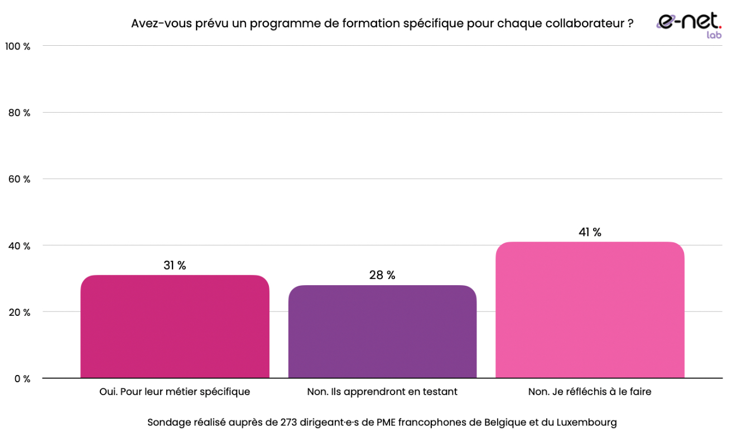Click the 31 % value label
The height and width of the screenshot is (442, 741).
(x=175, y=266)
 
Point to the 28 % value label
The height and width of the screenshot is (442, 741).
(x=382, y=275)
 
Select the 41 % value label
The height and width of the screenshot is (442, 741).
(x=590, y=232)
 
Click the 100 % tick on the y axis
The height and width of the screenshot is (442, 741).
(x=18, y=46)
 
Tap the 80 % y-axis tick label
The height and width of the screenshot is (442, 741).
(x=19, y=113)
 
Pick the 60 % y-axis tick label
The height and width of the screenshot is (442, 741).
(x=19, y=179)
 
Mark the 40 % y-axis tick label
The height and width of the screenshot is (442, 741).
(x=19, y=246)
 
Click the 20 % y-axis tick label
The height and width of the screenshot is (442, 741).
(x=19, y=312)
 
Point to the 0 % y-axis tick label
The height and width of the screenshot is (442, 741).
(x=22, y=379)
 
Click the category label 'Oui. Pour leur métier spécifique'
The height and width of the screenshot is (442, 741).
(x=175, y=392)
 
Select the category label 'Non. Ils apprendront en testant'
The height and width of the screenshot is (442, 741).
(x=382, y=392)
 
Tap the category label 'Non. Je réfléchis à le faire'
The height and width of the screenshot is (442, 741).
(x=590, y=392)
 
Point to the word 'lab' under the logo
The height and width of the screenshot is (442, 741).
(x=714, y=35)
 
